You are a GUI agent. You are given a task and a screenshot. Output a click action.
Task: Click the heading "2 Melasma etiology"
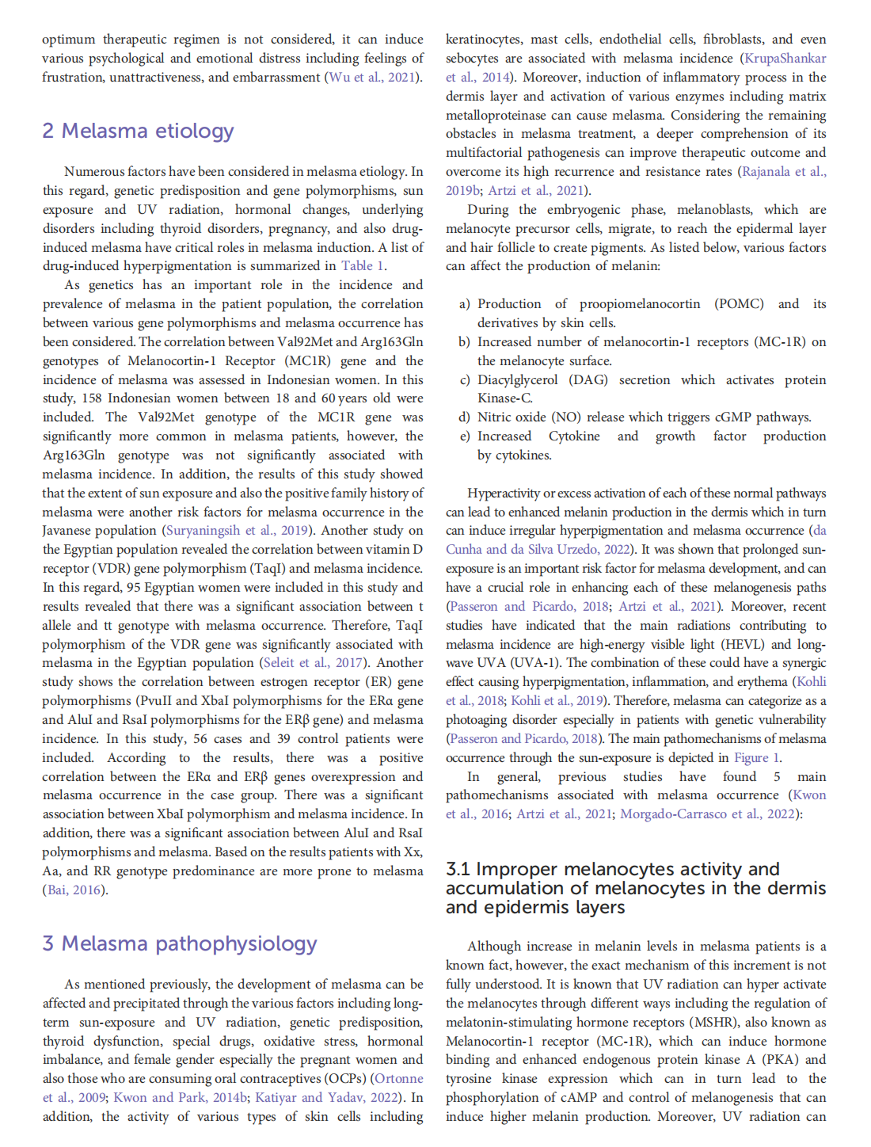[138, 131]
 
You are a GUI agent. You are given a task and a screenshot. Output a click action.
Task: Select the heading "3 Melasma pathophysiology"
[180, 943]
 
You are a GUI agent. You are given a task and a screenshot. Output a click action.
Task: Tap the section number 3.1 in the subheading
[458, 869]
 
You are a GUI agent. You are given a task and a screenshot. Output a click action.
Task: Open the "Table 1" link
[363, 266]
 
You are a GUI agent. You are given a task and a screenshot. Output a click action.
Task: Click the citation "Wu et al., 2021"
[372, 78]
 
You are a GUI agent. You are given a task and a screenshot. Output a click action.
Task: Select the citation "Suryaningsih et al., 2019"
[236, 531]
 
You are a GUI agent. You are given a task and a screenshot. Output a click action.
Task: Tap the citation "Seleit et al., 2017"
[314, 663]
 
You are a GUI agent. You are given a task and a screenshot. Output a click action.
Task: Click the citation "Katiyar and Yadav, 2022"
[328, 1098]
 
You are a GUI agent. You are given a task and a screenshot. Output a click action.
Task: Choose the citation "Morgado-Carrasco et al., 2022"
[707, 814]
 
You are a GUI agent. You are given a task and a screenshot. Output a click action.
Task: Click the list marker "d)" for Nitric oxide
[464, 417]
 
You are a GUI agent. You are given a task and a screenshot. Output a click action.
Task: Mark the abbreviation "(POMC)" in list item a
[739, 304]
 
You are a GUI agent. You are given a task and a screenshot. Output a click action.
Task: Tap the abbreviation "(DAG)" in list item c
[588, 380]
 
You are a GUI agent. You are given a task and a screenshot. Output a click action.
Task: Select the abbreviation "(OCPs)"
[345, 1079]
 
